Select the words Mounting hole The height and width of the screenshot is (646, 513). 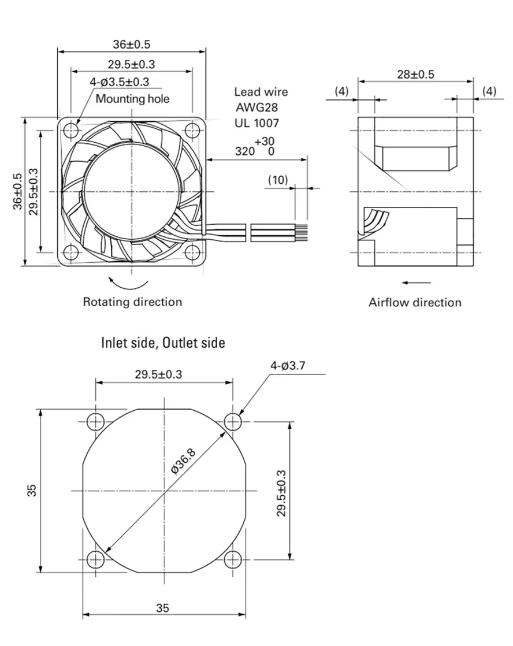132,99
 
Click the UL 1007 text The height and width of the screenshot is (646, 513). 256,122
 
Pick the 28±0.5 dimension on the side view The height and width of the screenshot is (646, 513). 415,74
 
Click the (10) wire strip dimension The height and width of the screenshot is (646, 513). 278,180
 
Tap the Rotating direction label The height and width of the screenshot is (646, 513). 132,302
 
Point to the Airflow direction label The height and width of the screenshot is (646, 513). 415,302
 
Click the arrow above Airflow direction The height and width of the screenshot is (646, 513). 416,282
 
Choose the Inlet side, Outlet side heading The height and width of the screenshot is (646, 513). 163,343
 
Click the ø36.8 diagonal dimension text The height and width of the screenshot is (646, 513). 184,461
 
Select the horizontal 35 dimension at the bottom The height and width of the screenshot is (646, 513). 162,608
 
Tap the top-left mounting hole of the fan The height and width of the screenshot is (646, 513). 70,130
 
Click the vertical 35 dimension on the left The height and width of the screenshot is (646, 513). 32,490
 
